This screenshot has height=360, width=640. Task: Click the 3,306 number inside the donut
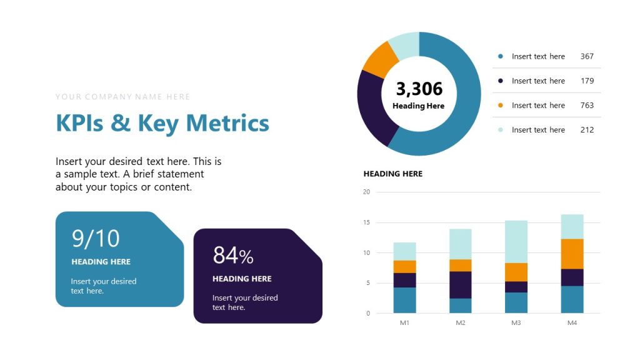pyautogui.click(x=419, y=89)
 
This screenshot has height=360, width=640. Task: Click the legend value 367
pyautogui.click(x=587, y=56)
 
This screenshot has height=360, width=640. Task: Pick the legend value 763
pyautogui.click(x=587, y=105)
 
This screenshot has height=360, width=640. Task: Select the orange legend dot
pyautogui.click(x=500, y=105)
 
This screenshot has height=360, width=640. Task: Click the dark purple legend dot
pyautogui.click(x=500, y=81)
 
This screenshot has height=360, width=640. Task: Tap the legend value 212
pyautogui.click(x=587, y=130)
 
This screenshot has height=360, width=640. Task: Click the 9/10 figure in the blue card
pyautogui.click(x=96, y=239)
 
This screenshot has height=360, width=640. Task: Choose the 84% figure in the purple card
pyautogui.click(x=233, y=256)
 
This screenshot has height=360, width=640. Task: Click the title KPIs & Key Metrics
pyautogui.click(x=162, y=123)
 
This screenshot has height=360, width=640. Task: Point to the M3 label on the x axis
pyautogui.click(x=516, y=323)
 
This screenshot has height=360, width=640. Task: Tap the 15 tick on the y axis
pyautogui.click(x=366, y=222)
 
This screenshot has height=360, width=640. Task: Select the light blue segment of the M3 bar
pyautogui.click(x=516, y=241)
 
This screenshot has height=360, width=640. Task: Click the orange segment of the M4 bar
pyautogui.click(x=572, y=254)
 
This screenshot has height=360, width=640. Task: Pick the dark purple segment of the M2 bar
pyautogui.click(x=461, y=285)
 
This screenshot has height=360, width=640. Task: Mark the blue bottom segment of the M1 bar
pyautogui.click(x=404, y=300)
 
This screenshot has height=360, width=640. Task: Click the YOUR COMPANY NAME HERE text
pyautogui.click(x=122, y=97)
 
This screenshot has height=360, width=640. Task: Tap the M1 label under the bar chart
pyautogui.click(x=404, y=323)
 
